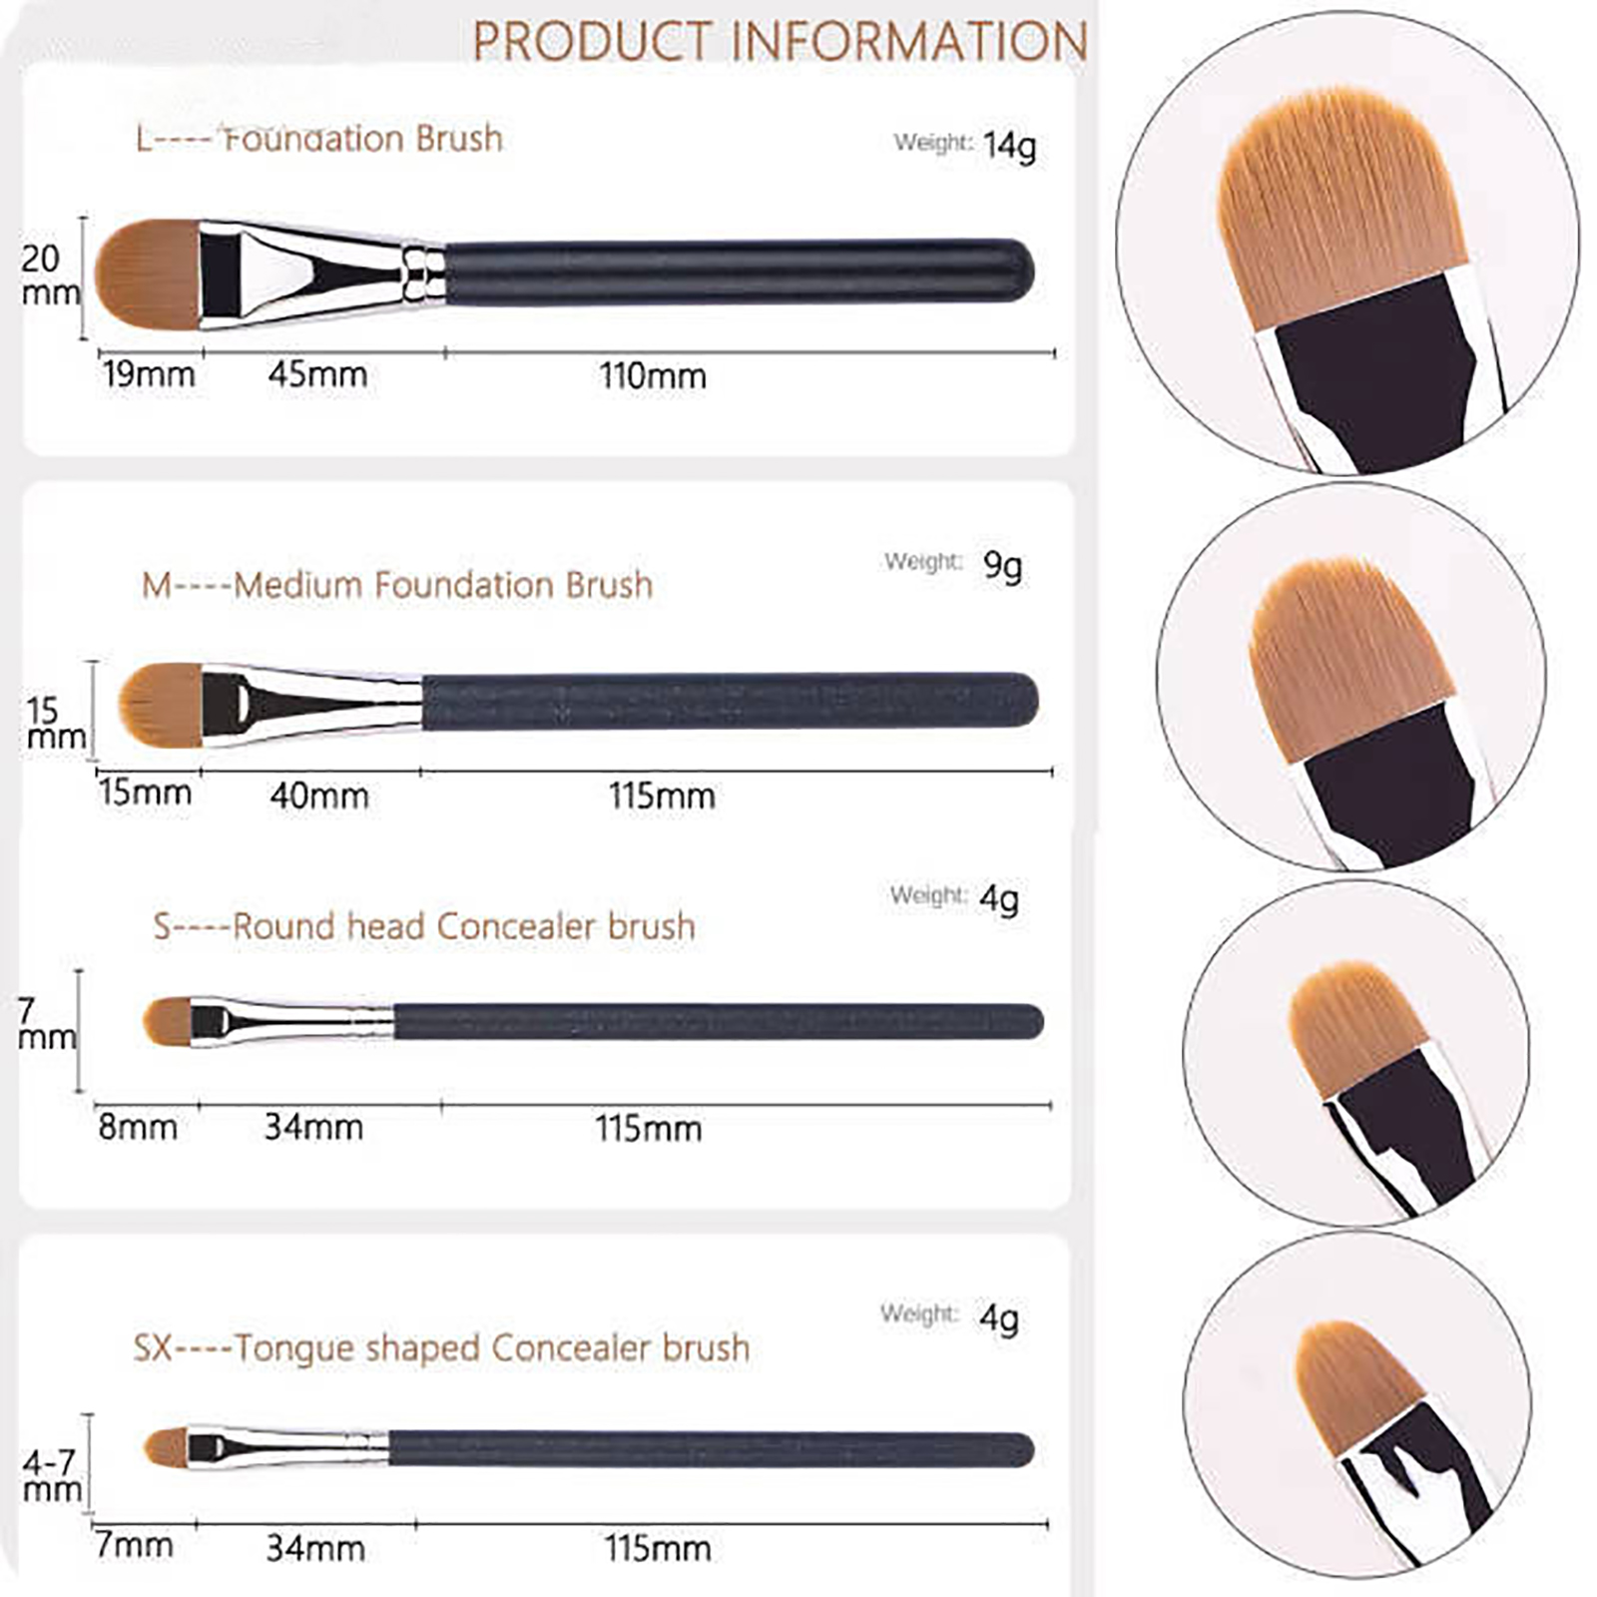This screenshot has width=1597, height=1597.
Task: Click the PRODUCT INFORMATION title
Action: pyautogui.click(x=780, y=41)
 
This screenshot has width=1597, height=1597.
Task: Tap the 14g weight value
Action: pyautogui.click(x=1009, y=146)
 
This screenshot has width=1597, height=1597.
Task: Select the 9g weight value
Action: pyautogui.click(x=1002, y=566)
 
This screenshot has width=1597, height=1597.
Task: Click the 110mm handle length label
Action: pyautogui.click(x=653, y=376)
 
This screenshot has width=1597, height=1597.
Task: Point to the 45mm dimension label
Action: pyautogui.click(x=317, y=374)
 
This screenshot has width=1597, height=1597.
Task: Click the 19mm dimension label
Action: pyautogui.click(x=150, y=374)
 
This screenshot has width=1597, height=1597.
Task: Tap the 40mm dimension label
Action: pyautogui.click(x=319, y=796)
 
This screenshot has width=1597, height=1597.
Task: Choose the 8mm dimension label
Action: pyautogui.click(x=138, y=1127)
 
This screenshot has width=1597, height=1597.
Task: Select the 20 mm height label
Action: pyautogui.click(x=50, y=274)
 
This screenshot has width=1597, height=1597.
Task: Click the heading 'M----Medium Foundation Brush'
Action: pyautogui.click(x=397, y=585)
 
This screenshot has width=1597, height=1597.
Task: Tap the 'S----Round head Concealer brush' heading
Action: pyautogui.click(x=424, y=926)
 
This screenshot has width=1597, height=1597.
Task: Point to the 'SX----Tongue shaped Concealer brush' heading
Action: pyautogui.click(x=441, y=1348)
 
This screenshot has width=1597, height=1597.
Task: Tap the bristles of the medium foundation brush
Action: pyautogui.click(x=160, y=705)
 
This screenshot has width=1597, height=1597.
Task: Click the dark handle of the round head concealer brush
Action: pyautogui.click(x=719, y=1022)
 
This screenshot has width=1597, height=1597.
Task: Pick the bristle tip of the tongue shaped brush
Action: pyautogui.click(x=146, y=1446)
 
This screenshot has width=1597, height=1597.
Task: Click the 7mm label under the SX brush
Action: pyautogui.click(x=135, y=1546)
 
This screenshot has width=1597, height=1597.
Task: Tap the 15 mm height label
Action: pyautogui.click(x=56, y=724)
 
